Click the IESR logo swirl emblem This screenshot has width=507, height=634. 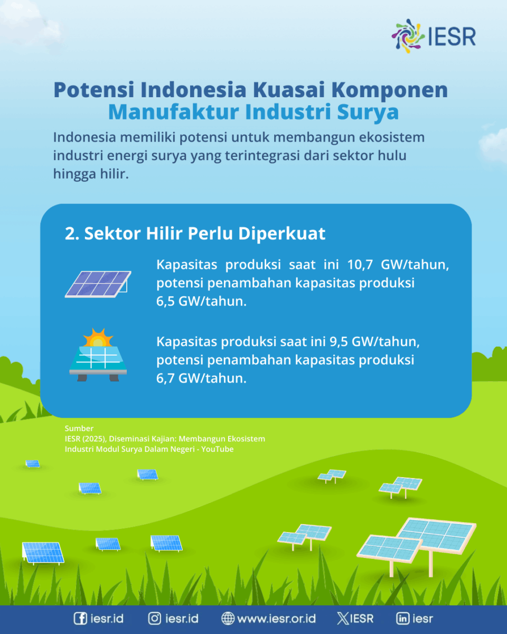pyautogui.click(x=408, y=36)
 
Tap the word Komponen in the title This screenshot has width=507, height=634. pyautogui.click(x=390, y=90)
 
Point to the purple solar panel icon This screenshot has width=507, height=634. pyautogui.click(x=98, y=284)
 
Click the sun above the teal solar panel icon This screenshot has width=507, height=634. pyautogui.click(x=98, y=338)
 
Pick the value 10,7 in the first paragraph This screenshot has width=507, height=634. pyautogui.click(x=360, y=265)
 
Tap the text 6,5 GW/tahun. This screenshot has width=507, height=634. pyautogui.click(x=201, y=301)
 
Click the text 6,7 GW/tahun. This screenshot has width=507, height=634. pyautogui.click(x=201, y=378)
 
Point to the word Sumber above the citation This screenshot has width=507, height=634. pyautogui.click(x=79, y=428)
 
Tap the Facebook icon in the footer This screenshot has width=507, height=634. pyautogui.click(x=80, y=618)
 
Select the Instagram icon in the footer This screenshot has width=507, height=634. pyautogui.click(x=154, y=618)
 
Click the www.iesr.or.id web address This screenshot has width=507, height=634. pyautogui.click(x=276, y=619)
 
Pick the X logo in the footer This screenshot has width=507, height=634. pyautogui.click(x=343, y=619)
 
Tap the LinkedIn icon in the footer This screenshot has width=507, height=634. pyautogui.click(x=403, y=618)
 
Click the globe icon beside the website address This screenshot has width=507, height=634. pyautogui.click(x=228, y=618)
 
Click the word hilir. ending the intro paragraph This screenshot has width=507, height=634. pyautogui.click(x=114, y=173)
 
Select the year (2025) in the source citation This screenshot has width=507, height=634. pyautogui.click(x=94, y=439)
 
